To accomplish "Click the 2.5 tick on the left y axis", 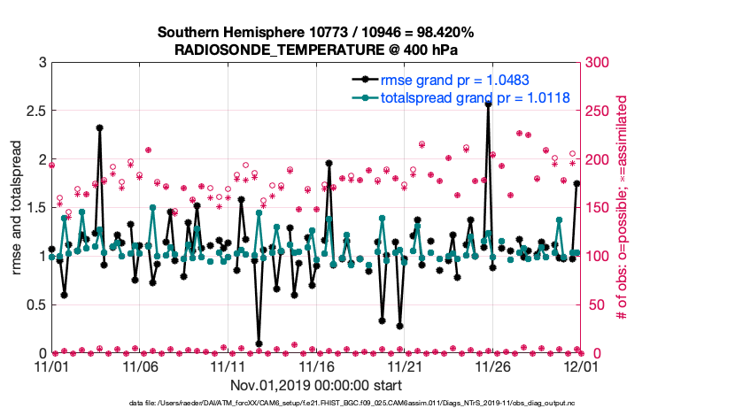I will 34,112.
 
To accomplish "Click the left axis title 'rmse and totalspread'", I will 15,207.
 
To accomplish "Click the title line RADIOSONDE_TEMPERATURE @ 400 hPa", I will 315,50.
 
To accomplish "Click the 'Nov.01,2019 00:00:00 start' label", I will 316,386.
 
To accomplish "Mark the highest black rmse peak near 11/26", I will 488,104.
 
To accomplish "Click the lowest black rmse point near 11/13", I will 259,343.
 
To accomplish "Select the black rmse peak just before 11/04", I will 100,127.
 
